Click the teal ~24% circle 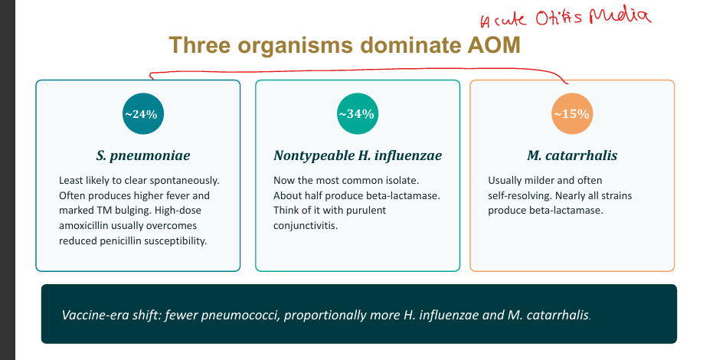[143, 114]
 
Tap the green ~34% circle [358, 114]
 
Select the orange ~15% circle [571, 114]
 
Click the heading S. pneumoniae [143, 155]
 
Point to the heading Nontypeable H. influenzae [358, 155]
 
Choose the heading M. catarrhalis [572, 155]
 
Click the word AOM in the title [494, 45]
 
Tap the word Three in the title [200, 45]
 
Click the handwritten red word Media [620, 16]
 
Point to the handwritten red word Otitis [558, 18]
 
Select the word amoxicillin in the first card [83, 225]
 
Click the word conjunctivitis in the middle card [306, 225]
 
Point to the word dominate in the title [410, 45]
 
